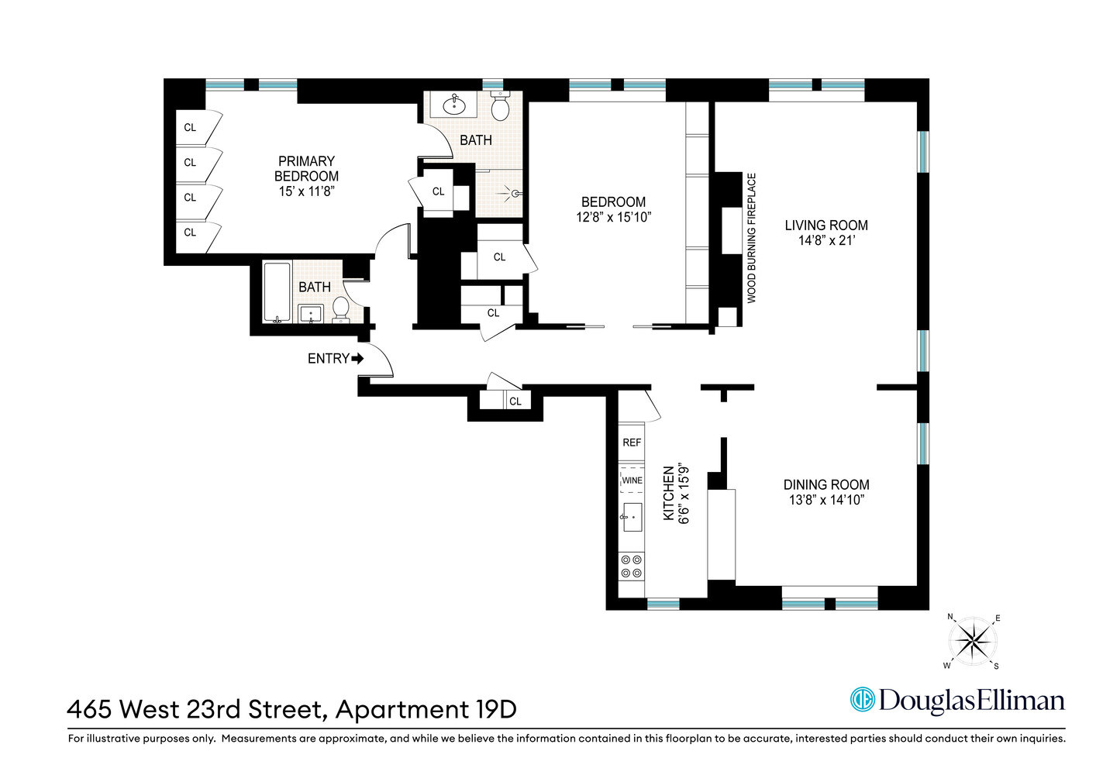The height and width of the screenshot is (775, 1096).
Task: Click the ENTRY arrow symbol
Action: [357, 359]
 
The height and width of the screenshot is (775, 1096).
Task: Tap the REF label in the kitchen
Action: [632, 443]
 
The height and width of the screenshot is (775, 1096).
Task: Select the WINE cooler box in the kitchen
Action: [632, 480]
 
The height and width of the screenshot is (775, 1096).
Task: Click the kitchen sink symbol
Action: [632, 517]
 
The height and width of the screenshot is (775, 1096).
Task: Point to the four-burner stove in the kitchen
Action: [632, 567]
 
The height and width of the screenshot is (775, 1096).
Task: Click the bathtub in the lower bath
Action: [277, 292]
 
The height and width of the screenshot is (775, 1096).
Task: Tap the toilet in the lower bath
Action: [340, 308]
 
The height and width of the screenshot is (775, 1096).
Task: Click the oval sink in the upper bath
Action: [454, 104]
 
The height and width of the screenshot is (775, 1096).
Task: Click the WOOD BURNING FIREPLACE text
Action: [751, 238]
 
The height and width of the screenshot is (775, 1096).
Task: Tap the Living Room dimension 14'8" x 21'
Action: [826, 241]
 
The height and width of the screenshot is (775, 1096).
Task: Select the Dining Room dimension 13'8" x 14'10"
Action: [826, 501]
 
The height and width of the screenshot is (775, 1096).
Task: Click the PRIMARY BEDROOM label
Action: [306, 168]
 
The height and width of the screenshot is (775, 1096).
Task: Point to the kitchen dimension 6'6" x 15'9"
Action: [684, 494]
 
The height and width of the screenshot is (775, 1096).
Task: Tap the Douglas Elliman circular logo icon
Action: [862, 700]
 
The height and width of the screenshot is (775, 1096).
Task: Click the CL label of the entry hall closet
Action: [515, 401]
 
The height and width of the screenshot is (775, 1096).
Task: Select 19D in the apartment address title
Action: [493, 709]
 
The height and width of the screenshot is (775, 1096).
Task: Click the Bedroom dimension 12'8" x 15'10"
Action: [613, 218]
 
